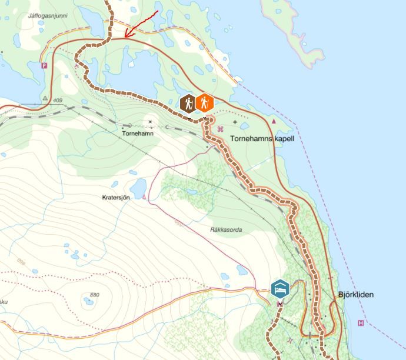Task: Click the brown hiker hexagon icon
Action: point(188,104)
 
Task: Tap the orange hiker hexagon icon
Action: point(204,104)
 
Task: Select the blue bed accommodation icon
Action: point(281,289)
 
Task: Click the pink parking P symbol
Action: point(44,66)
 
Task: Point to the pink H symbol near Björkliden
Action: point(361,323)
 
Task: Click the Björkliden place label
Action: point(355,295)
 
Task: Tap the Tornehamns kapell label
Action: point(262,139)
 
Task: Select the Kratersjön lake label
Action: point(115,198)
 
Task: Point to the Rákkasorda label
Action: point(226,229)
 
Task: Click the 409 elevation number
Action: point(57,101)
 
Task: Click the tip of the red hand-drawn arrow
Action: point(125,36)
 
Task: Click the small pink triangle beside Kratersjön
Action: point(145,197)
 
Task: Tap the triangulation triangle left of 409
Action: point(45,98)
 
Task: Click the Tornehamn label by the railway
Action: point(137,134)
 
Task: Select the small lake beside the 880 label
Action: point(88,302)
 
